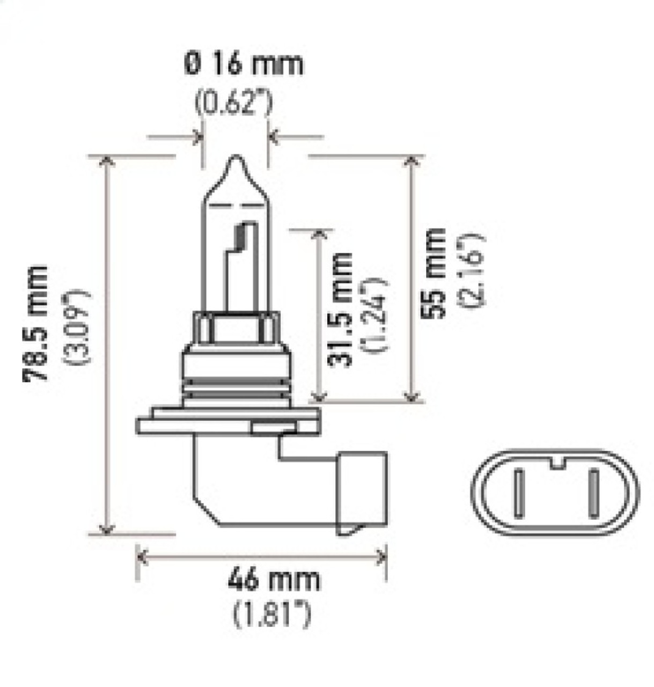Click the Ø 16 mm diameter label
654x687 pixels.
pos(244,64)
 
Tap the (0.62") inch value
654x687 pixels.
pos(234,103)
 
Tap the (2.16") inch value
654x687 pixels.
pos(472,270)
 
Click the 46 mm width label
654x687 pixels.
pos(274,579)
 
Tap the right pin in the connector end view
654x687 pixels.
pos(593,492)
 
